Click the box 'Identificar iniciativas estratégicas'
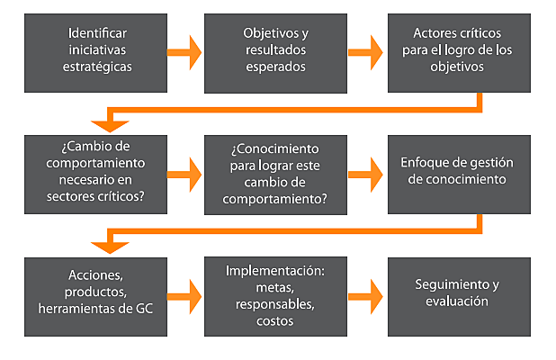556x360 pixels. [96, 50]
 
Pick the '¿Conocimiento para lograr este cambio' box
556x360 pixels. [274, 174]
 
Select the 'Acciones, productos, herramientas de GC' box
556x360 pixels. [96, 294]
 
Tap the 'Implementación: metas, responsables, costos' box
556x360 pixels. [274, 294]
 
